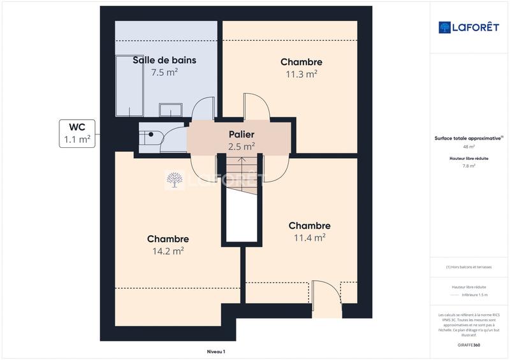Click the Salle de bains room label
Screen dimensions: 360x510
coord(164,61)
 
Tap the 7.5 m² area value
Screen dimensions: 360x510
coord(164,73)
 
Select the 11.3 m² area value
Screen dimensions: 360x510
coord(302,74)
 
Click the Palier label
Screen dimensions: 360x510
coord(242,134)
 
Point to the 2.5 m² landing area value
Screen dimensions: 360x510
coord(242,147)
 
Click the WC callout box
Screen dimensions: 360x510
coord(78,133)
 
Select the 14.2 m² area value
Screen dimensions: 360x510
coord(168,251)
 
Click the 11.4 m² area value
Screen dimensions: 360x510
coord(310,238)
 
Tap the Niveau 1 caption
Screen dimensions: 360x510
coord(216,352)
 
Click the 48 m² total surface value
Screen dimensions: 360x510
coord(469,146)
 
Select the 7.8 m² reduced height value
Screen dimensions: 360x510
coord(469,165)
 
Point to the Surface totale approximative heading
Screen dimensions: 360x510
coord(467,138)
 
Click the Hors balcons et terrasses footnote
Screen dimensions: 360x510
coord(469,267)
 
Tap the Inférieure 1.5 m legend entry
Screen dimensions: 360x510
coord(474,295)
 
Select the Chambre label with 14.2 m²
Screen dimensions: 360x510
coord(168,239)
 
